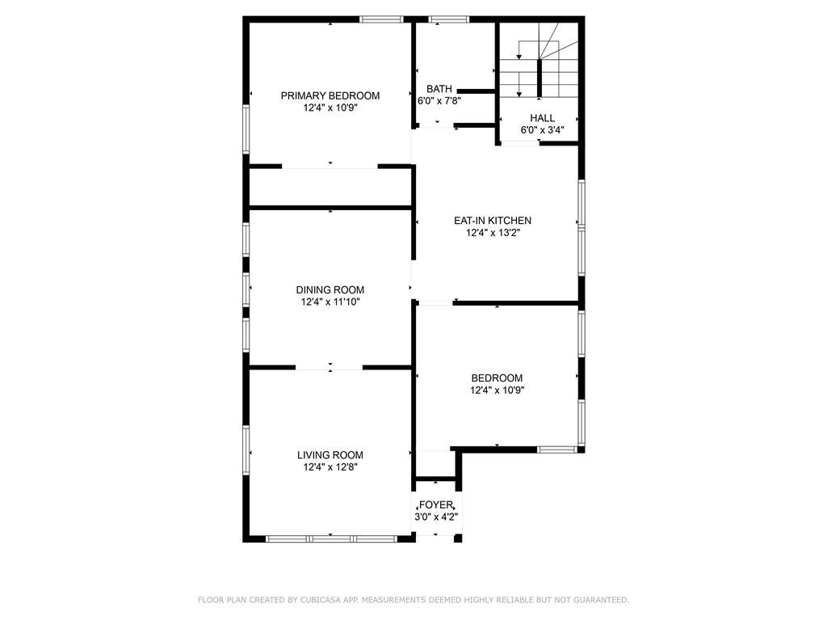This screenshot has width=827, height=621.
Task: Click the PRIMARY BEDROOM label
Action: coord(330,95)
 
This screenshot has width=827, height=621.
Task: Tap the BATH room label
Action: coord(439,89)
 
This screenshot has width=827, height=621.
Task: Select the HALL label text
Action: coord(542,118)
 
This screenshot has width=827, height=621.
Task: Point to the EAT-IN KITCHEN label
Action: coord(493,220)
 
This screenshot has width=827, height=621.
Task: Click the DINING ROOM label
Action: coord(330,289)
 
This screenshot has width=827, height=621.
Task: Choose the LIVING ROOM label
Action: coord(330,454)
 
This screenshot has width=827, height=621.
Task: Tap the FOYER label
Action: coord(435,505)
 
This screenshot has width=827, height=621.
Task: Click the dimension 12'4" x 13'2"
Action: coord(493,232)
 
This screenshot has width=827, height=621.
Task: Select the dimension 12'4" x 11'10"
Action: coord(330,302)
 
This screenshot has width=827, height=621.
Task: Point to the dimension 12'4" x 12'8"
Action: coord(330,467)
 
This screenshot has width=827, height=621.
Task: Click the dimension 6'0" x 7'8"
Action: coord(439,101)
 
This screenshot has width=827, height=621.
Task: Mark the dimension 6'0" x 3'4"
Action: coord(542,130)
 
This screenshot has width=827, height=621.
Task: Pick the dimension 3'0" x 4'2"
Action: coord(436,517)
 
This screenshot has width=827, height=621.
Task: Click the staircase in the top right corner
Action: coord(539,60)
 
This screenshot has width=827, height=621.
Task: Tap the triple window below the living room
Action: coord(330,539)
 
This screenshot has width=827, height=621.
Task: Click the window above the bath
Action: coord(449,19)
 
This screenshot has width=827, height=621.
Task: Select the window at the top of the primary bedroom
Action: coord(382,19)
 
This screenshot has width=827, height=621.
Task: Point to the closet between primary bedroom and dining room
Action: coord(330,187)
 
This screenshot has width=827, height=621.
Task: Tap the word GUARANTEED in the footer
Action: coord(601,600)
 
